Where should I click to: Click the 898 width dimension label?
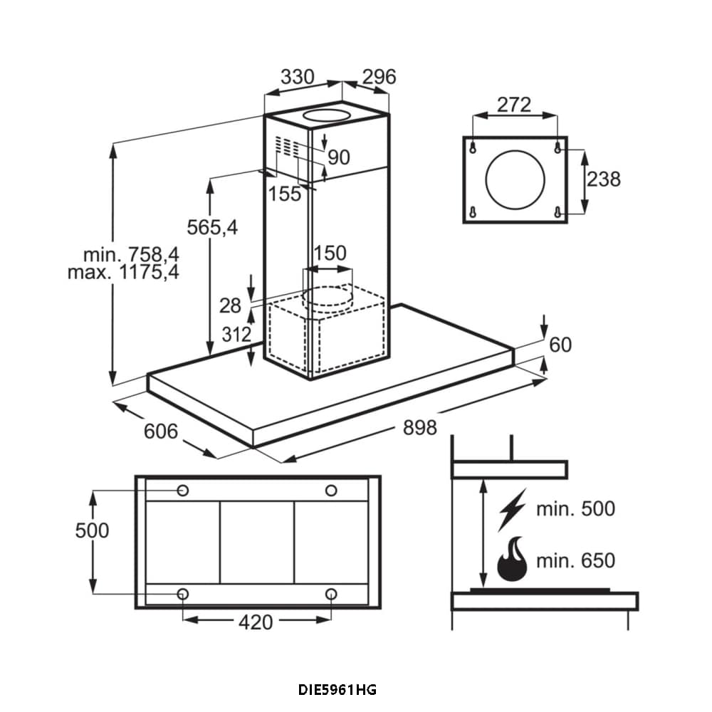click(x=420, y=428)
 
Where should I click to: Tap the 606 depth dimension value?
click(x=161, y=431)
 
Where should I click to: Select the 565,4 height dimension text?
click(x=212, y=227)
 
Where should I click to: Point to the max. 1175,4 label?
click(x=123, y=273)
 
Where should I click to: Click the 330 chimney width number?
click(x=298, y=77)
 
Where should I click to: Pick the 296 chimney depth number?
click(x=379, y=77)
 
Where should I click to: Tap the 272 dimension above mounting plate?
click(x=514, y=105)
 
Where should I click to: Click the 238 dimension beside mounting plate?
click(x=604, y=179)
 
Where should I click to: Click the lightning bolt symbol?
click(x=512, y=509)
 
